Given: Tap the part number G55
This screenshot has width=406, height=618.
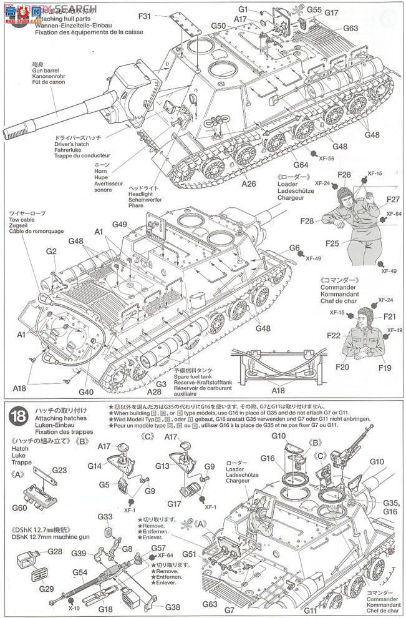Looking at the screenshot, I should (x=314, y=9).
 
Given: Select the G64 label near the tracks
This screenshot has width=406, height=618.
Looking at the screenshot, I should (x=301, y=165).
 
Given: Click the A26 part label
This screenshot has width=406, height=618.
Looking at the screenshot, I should (x=249, y=184).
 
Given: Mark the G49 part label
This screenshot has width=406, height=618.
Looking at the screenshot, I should (x=120, y=225).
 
